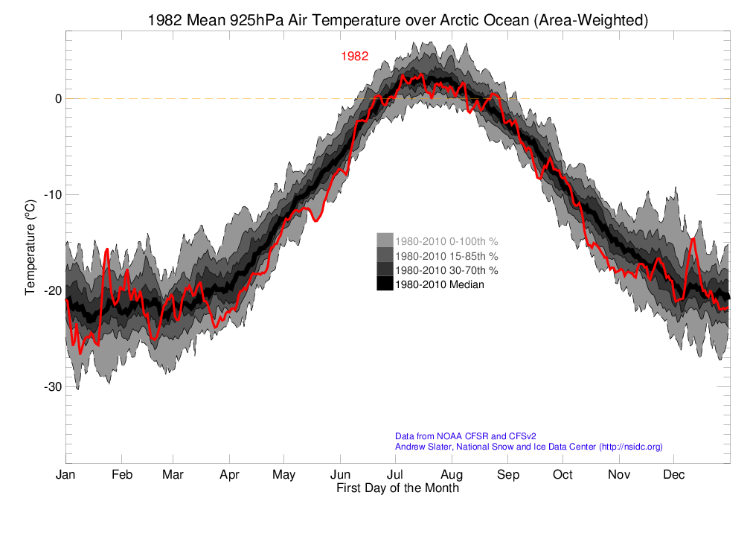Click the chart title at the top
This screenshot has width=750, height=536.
[397, 21]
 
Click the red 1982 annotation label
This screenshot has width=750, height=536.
[355, 56]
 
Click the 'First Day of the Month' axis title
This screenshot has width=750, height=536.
[397, 488]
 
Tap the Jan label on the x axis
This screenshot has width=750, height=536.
[65, 475]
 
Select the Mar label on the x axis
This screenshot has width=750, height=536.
[173, 475]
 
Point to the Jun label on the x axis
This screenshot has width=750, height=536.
[340, 475]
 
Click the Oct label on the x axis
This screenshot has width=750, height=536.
[562, 475]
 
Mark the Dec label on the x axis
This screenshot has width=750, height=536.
[674, 475]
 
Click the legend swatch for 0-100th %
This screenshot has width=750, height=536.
[385, 241]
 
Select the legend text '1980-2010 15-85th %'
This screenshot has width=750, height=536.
[446, 255]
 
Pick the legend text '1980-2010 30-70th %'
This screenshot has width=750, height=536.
[446, 269]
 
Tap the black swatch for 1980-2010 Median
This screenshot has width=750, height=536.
[385, 284]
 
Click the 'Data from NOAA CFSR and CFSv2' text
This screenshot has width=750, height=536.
[465, 436]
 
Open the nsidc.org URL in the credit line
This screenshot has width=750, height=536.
[629, 447]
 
